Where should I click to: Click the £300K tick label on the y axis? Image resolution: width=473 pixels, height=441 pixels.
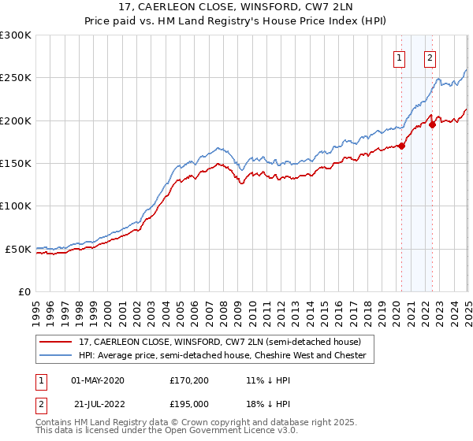[16, 35]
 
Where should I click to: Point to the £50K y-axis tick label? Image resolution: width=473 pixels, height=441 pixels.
[18, 249]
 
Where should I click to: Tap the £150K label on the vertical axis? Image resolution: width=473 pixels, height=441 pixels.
[16, 164]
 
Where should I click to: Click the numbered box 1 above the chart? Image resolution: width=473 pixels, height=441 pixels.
[400, 57]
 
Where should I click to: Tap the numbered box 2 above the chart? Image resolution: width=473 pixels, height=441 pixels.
[430, 57]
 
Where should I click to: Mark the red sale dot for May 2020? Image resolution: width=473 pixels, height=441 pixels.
[401, 146]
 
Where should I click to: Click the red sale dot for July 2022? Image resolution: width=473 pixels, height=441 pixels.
[433, 124]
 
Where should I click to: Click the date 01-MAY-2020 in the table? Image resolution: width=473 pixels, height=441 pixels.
[97, 380]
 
